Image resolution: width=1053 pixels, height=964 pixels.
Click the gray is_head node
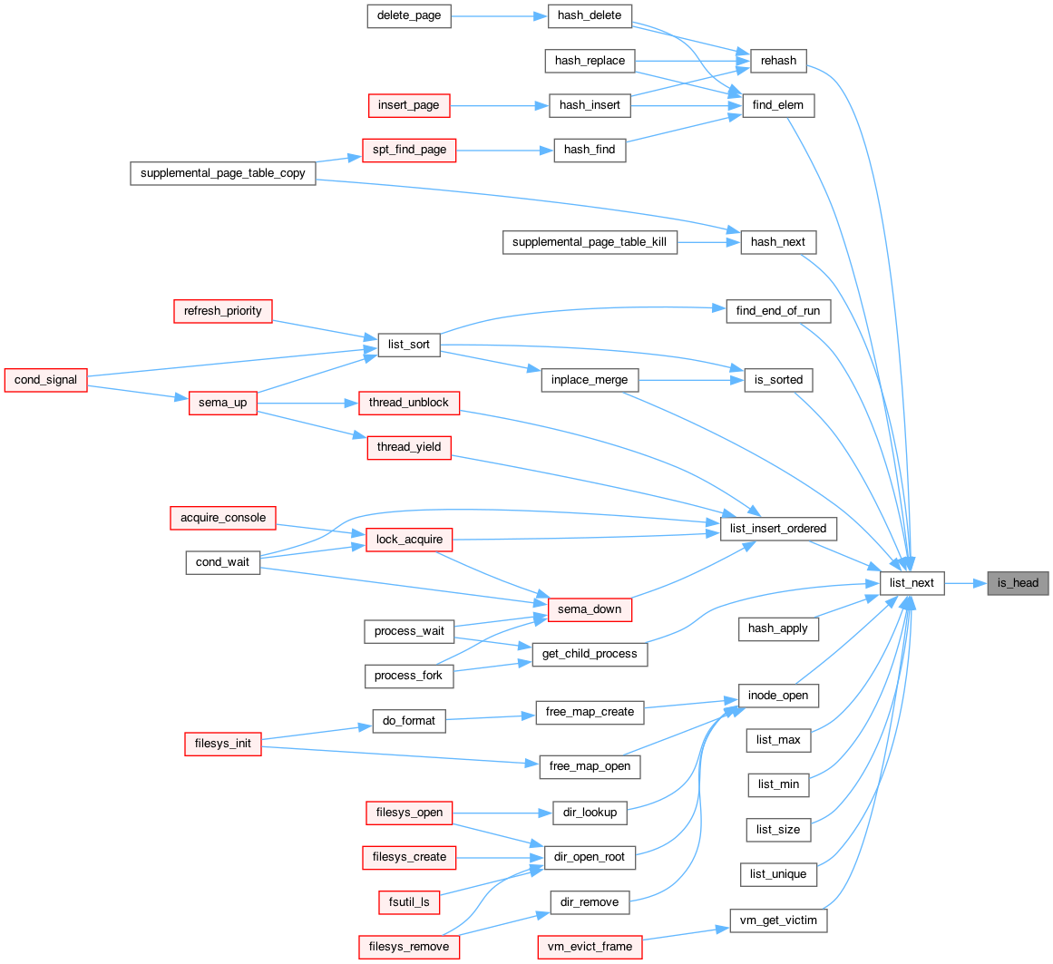point(1018,583)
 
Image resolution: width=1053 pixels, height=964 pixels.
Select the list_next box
point(912,583)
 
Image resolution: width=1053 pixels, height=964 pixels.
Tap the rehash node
point(778,61)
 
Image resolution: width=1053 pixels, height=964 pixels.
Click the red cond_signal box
point(45,380)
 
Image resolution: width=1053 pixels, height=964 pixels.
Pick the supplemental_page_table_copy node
point(223,173)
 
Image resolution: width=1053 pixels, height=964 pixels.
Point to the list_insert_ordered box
point(778,529)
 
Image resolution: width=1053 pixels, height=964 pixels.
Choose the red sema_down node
point(590,609)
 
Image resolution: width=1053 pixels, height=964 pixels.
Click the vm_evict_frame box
point(590,947)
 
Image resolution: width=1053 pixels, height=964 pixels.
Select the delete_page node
point(409,15)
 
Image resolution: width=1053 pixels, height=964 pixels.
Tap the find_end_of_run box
point(778,311)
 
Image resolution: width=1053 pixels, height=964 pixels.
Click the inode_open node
point(778,696)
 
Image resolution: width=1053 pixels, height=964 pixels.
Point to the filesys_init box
point(223,744)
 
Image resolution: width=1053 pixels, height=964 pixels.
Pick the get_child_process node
point(590,654)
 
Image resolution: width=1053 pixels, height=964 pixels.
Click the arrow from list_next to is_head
point(966,583)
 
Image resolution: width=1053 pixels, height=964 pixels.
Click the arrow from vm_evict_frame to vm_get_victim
point(686,934)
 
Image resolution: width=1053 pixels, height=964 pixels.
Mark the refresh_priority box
point(223,311)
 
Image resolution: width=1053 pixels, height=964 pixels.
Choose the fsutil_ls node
point(409,902)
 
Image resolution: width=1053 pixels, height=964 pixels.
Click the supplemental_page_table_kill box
point(590,242)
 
